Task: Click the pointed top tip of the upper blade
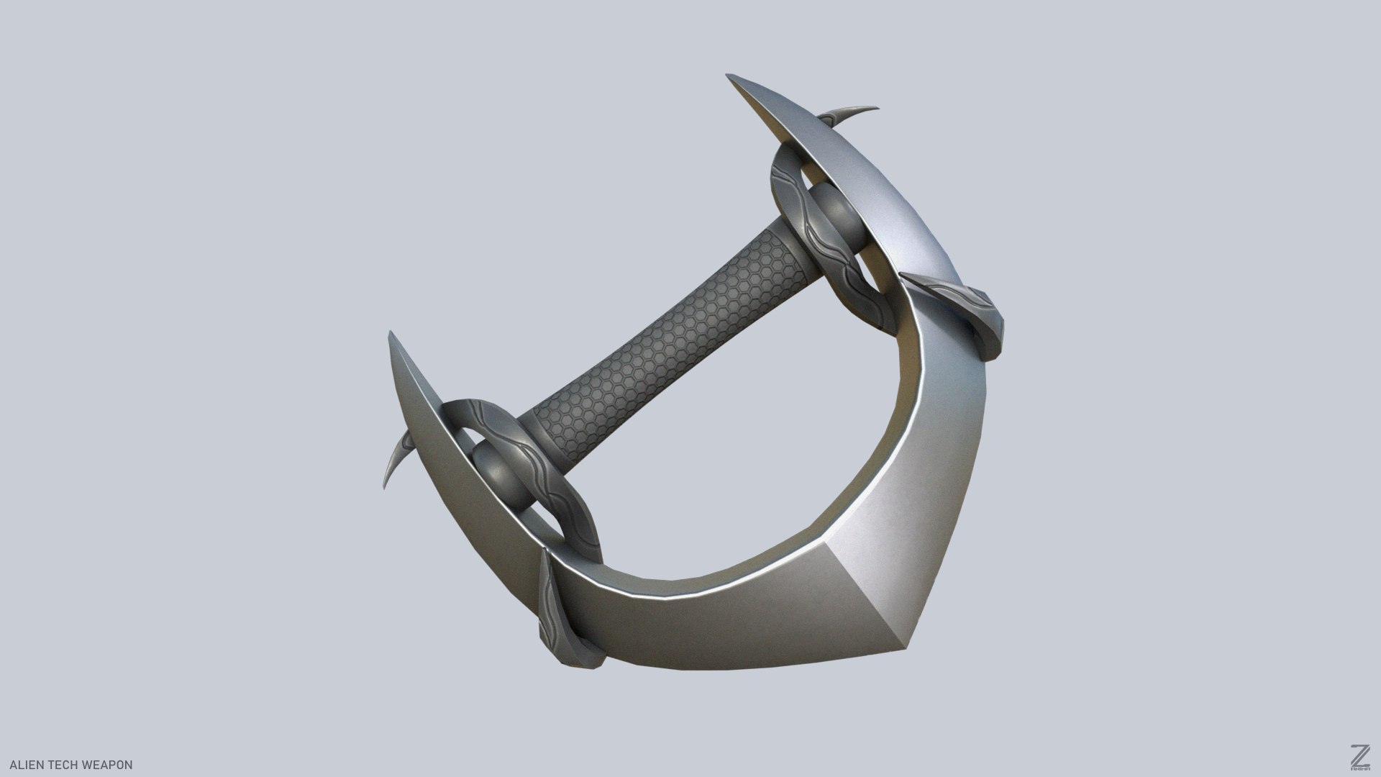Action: point(730,76)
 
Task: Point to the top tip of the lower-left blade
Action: point(391,334)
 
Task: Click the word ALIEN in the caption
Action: point(20,765)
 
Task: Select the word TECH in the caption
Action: point(59,765)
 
